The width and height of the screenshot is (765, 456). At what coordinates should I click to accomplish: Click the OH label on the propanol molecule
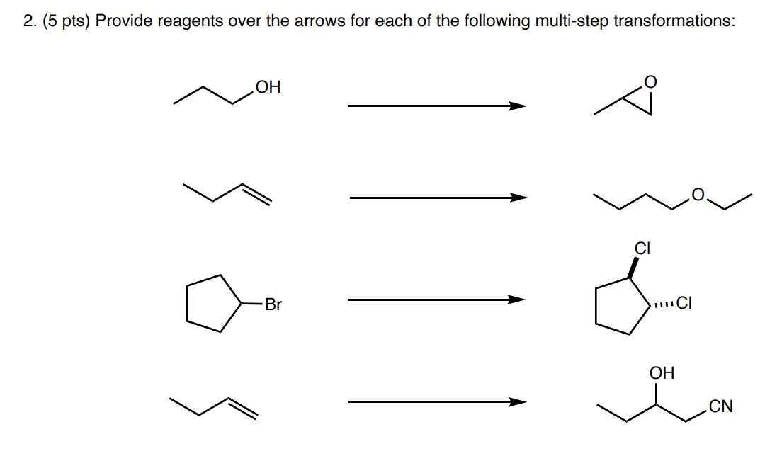tap(268, 88)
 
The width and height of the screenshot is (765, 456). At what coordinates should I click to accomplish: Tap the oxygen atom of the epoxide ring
tap(651, 84)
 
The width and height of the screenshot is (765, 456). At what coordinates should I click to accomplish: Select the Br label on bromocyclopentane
tap(273, 305)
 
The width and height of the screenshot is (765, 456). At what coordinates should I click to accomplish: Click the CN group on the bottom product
tap(720, 407)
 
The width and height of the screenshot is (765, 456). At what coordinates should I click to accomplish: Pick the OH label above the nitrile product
tap(662, 372)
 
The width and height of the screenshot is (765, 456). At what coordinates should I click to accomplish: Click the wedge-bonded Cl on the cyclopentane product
tap(642, 249)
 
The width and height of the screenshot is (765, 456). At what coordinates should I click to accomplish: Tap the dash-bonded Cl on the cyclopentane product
tap(683, 304)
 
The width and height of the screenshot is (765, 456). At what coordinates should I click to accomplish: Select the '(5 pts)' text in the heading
tap(65, 21)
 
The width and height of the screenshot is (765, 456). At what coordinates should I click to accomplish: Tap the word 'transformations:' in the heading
tap(674, 21)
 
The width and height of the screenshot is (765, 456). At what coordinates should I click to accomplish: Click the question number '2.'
tap(29, 21)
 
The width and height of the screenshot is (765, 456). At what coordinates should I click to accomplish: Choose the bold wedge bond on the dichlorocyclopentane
tap(635, 267)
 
